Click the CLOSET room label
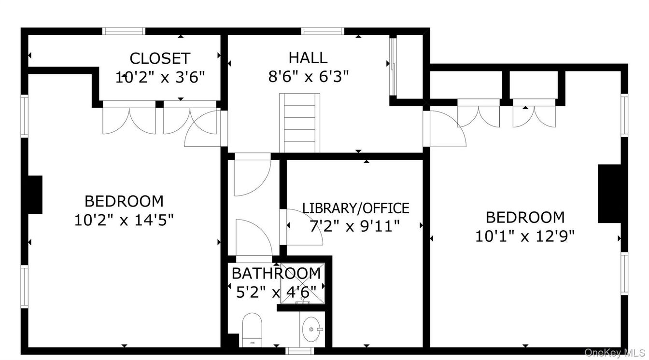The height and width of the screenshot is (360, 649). point(160,58)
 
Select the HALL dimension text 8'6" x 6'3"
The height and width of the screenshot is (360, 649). point(308,76)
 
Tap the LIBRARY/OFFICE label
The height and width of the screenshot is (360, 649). point(355,208)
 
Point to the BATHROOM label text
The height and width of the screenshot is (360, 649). point(276,273)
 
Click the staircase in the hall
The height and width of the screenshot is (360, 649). point(301,123)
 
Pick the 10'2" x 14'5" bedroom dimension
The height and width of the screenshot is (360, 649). point(124,220)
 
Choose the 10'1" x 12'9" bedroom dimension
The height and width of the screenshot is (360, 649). point(524,236)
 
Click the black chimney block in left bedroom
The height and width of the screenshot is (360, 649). point(35,194)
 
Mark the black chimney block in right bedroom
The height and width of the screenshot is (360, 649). point(608,194)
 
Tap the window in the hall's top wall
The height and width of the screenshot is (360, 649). point(323,31)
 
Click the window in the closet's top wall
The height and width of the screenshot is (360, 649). point(124,31)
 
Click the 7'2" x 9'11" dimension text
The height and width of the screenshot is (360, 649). point(355,226)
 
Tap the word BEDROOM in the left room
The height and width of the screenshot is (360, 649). point(124,201)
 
